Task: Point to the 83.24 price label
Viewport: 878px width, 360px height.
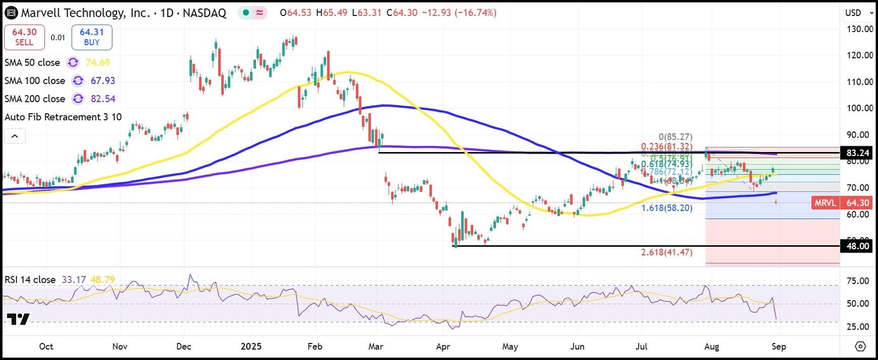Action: tap(859, 153)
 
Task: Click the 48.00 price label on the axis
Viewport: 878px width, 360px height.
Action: tap(859, 246)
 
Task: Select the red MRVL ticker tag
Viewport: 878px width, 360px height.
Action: tap(826, 203)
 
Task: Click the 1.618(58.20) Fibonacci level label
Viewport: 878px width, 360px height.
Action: tap(667, 209)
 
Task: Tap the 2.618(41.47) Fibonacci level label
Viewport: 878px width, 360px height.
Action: tap(667, 251)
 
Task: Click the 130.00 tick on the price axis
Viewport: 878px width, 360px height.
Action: tap(860, 29)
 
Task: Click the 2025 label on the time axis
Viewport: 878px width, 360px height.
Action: tap(251, 346)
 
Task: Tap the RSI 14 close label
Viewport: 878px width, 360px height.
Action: tap(30, 280)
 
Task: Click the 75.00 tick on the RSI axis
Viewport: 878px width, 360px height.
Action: tap(860, 281)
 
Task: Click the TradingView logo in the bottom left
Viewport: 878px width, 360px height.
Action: tap(18, 319)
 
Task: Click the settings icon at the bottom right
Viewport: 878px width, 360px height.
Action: tap(860, 346)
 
